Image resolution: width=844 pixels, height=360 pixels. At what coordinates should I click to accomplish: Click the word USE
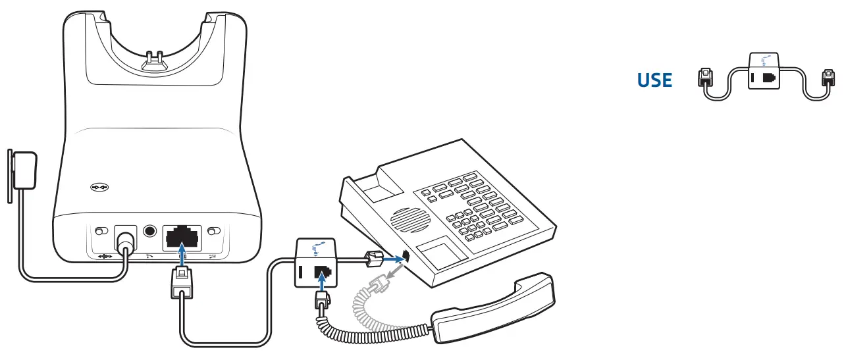[654, 81]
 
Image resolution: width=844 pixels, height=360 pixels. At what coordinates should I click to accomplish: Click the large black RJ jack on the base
[180, 235]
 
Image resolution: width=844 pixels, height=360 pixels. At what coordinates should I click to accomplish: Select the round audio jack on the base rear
[150, 232]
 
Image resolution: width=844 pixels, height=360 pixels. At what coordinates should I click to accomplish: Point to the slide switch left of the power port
[101, 231]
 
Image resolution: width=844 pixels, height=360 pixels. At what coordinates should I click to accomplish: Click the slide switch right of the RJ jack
[213, 231]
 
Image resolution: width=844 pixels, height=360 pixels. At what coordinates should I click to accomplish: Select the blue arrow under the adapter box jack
[322, 285]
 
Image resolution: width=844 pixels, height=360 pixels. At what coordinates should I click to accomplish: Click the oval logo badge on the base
[100, 188]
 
